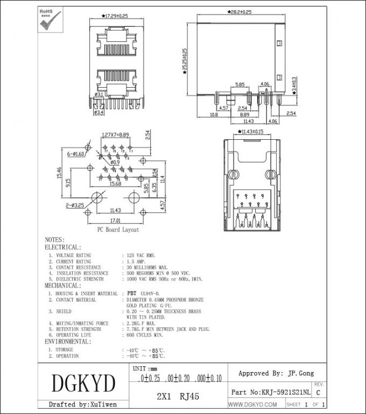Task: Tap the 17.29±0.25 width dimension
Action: pos(115,16)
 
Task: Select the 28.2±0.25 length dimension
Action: pos(240,11)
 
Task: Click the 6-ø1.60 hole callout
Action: pos(76,154)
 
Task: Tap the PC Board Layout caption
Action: pos(117,230)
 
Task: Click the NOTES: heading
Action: pos(54,240)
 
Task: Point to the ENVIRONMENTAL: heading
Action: pos(68,341)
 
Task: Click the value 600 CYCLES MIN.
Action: pos(144,335)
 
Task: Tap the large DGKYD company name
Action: pos(83,384)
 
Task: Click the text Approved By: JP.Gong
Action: pos(276,373)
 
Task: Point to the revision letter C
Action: pos(318,394)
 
